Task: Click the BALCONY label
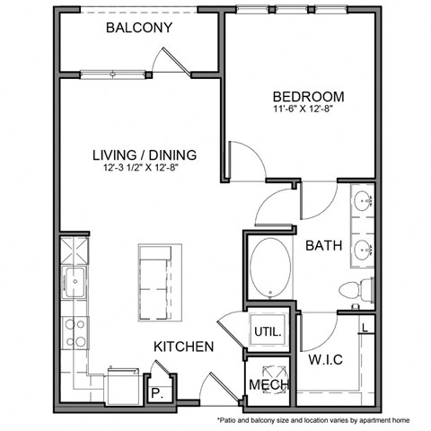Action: (x=138, y=28)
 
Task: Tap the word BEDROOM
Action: (x=308, y=96)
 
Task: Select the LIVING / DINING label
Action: (x=144, y=154)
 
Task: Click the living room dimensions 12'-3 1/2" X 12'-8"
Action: (x=144, y=167)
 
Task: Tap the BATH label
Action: (x=322, y=244)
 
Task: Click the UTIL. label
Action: (x=268, y=330)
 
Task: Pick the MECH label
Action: (x=268, y=385)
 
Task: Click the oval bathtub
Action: (x=269, y=268)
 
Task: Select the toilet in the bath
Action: (x=357, y=290)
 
